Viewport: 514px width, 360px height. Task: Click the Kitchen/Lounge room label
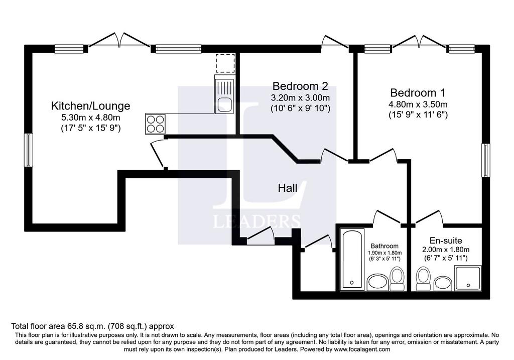90,106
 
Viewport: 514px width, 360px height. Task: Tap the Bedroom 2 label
300,86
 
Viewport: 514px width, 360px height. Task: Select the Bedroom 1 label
418,93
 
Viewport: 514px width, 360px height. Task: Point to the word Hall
288,188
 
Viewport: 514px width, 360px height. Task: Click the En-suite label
446,241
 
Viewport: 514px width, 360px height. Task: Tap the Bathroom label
384,246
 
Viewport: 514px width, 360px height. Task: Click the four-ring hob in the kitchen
155,124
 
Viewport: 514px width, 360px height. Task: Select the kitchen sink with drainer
224,94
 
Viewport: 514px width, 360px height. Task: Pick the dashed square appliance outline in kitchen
225,63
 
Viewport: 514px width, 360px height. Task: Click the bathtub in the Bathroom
352,259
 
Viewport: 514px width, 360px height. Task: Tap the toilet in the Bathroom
398,279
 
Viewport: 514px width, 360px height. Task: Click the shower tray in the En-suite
467,278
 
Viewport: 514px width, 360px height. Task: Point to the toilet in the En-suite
423,279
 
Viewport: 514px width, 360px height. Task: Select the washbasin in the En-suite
443,283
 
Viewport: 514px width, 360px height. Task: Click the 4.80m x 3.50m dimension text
418,104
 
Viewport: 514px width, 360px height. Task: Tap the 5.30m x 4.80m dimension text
90,117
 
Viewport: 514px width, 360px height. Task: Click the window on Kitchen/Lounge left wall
29,150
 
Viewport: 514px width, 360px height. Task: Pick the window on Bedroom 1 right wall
485,160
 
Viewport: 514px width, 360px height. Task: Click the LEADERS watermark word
257,221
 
